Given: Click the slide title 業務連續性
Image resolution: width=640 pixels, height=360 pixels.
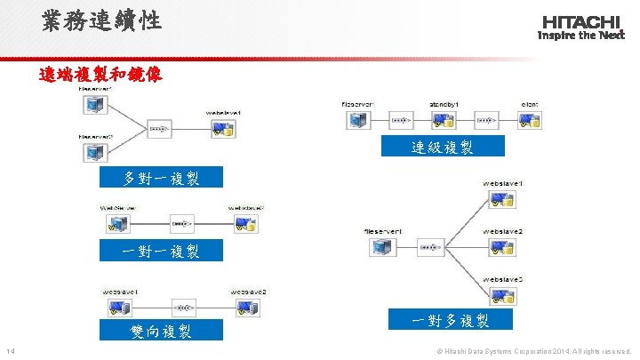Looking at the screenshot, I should (x=101, y=20).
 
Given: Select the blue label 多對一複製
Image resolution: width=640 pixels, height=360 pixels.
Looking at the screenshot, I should (x=161, y=178).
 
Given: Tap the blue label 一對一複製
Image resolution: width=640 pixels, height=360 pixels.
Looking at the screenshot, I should (x=161, y=252).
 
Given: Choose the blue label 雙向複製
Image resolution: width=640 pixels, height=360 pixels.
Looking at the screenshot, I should (x=161, y=332).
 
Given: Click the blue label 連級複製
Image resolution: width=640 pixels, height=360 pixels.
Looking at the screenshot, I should (x=443, y=148).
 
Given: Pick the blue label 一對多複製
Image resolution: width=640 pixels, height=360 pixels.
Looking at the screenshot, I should (x=450, y=320).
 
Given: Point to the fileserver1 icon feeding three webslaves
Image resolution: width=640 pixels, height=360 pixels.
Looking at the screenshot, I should (x=381, y=246).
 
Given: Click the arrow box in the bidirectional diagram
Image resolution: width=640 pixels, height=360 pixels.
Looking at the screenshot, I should (x=184, y=308).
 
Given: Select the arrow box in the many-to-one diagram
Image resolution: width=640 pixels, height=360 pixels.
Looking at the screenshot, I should (x=159, y=128).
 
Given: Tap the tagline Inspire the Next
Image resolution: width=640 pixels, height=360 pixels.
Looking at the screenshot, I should (x=581, y=36).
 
